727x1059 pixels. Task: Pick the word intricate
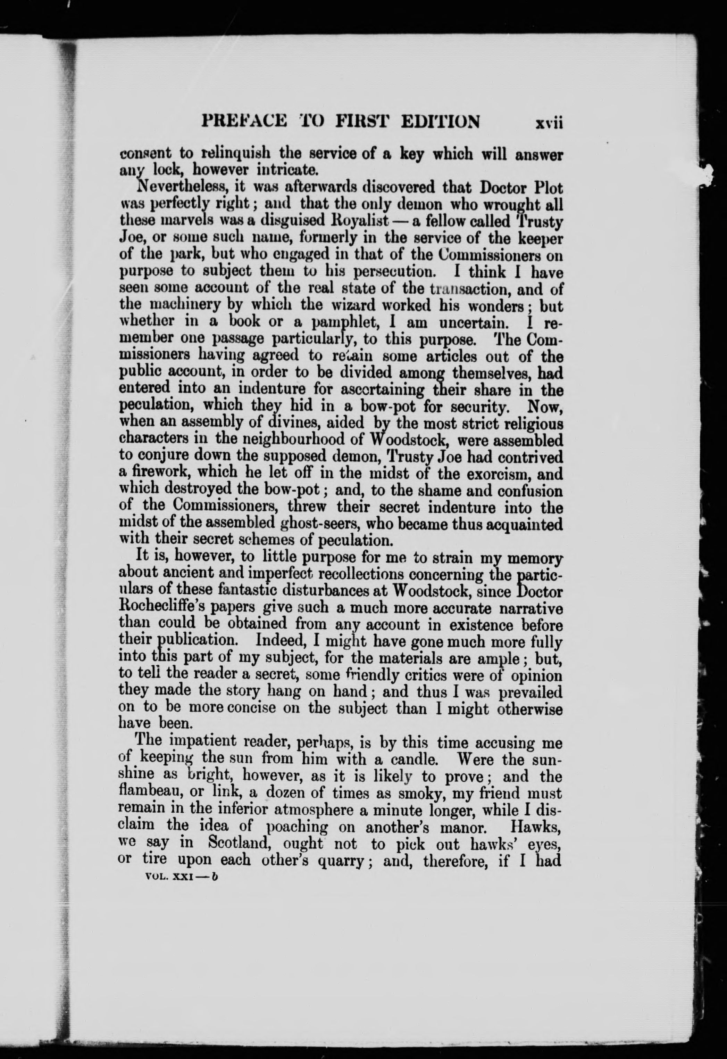286,171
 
